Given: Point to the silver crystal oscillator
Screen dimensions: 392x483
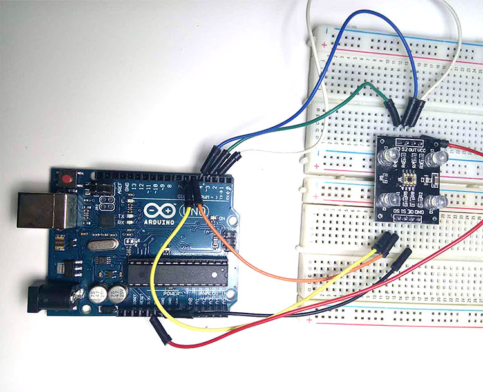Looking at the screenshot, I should [102, 247].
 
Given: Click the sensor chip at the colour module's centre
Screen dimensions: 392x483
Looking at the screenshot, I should [412, 178].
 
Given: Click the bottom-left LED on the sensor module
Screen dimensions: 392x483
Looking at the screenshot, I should [389, 200].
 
